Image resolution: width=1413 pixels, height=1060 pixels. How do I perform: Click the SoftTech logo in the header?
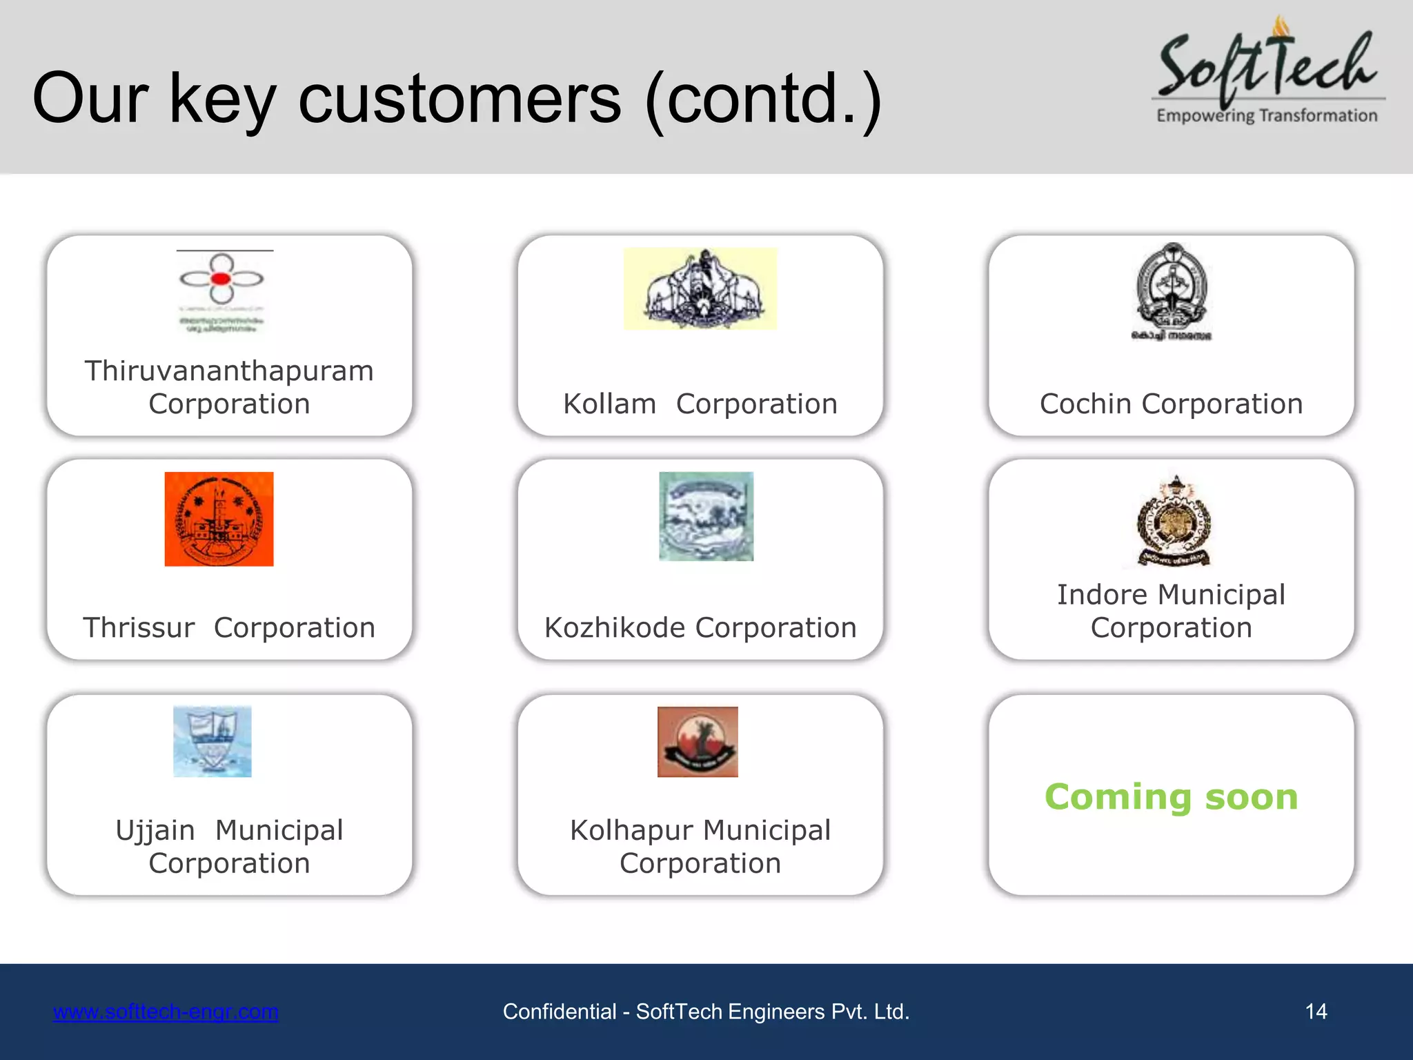pos(1268,69)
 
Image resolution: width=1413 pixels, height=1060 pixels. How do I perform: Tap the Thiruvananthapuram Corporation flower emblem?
pos(221,279)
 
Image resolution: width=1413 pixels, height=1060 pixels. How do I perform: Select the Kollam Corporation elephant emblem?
pos(700,288)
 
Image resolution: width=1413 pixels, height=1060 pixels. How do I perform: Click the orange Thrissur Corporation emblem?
pos(219,519)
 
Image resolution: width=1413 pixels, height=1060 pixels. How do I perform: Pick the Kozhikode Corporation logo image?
pos(706,516)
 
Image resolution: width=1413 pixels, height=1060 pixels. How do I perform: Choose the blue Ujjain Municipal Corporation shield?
pos(213,741)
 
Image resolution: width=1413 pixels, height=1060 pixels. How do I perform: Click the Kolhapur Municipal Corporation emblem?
pos(698,742)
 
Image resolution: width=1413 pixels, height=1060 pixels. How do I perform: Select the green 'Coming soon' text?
pos(1172,797)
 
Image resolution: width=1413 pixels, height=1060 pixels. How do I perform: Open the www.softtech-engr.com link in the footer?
pos(166,1012)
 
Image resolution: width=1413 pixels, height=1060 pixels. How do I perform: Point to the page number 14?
pos(1316,1012)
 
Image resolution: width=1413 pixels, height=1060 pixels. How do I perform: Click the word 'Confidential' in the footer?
pos(560,1012)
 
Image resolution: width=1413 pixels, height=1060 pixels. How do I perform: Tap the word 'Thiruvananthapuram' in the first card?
pos(229,371)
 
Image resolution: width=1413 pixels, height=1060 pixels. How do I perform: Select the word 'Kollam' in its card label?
pos(610,404)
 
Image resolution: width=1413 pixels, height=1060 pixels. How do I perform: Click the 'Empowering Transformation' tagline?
pos(1267,116)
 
